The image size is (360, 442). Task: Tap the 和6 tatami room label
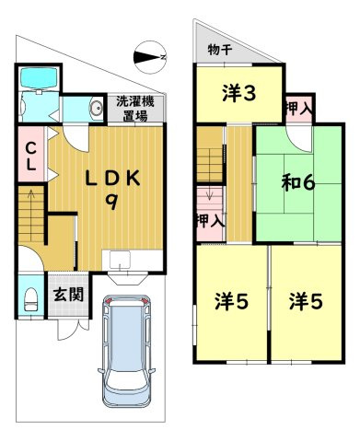[x=297, y=181]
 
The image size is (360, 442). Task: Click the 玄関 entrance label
[x=65, y=295]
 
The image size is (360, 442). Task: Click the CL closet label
[x=29, y=157]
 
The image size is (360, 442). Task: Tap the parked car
[x=126, y=350]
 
